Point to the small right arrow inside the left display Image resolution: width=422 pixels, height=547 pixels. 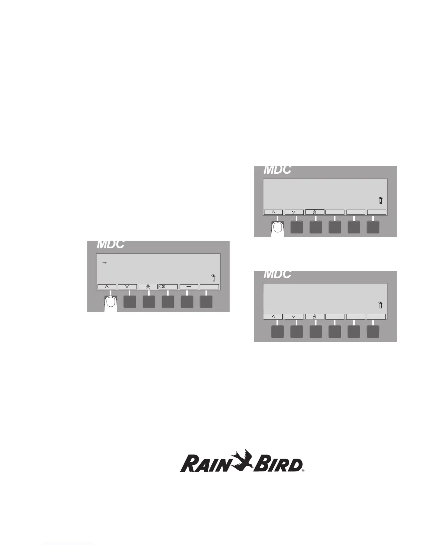[105, 263]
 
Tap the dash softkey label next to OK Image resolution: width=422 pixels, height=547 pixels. [189, 287]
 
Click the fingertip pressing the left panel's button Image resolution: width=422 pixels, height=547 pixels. [111, 304]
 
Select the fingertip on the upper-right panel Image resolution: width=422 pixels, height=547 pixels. [278, 228]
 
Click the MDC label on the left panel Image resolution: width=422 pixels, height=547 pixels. [110, 244]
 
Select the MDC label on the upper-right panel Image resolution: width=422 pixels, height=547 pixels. [278, 170]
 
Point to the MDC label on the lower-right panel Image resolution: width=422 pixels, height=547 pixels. [278, 275]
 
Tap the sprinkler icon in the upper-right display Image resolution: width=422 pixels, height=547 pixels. [381, 200]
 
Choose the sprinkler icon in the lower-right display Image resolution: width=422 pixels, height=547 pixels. [381, 305]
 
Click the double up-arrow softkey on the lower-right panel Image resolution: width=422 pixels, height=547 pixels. [315, 316]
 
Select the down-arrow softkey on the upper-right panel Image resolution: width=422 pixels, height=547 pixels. [294, 212]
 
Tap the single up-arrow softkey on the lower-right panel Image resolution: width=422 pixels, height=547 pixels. [273, 316]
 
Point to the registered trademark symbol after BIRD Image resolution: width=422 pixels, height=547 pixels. [303, 470]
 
